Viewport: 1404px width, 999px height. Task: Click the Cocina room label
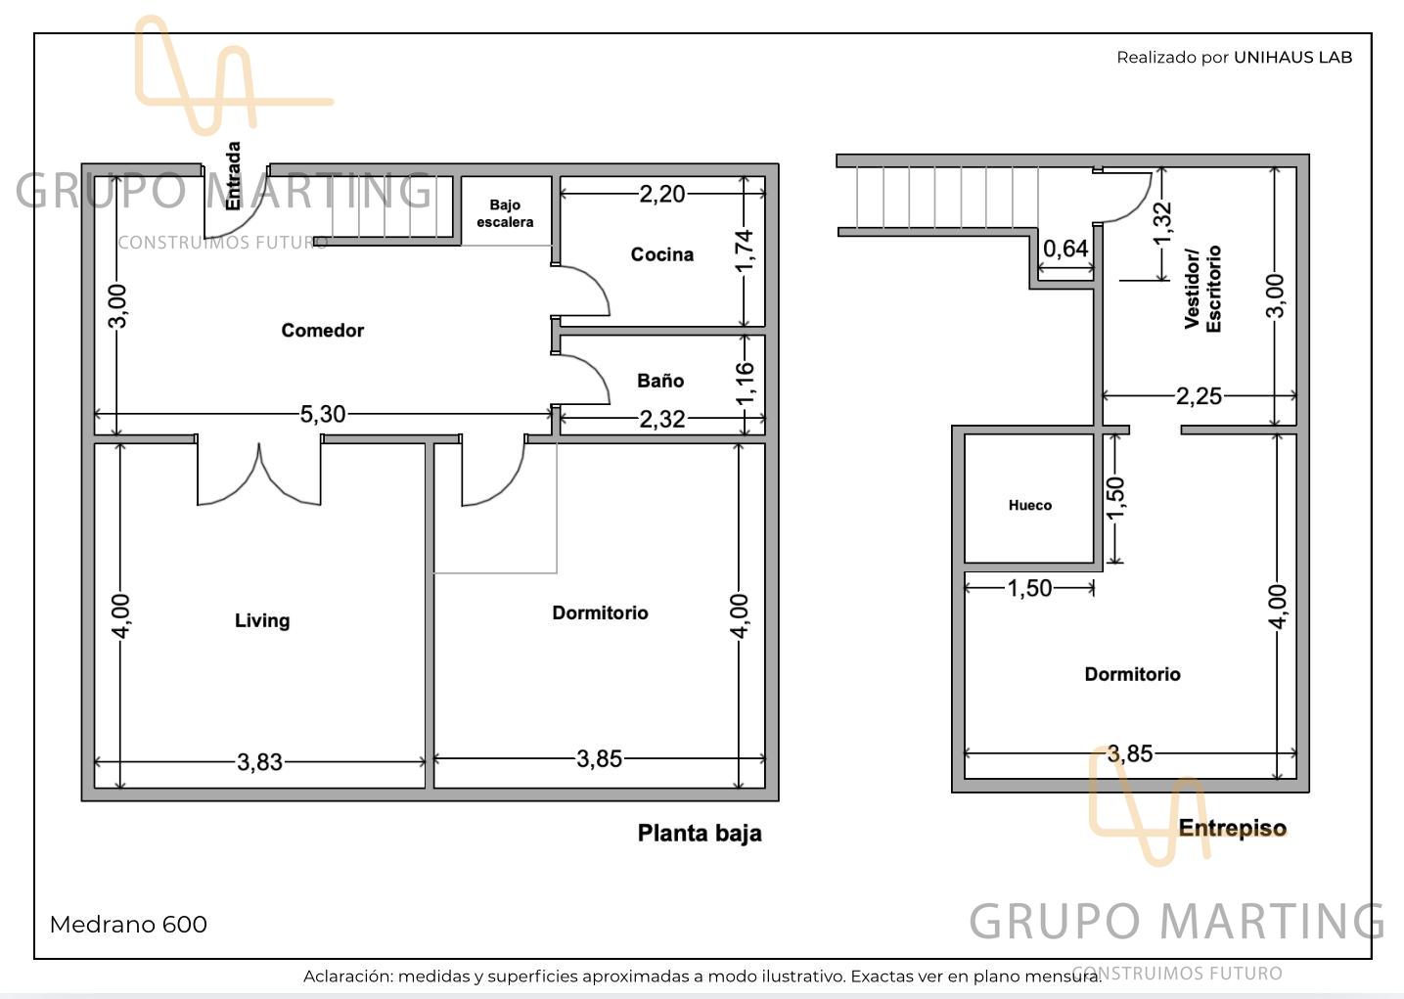pos(661,254)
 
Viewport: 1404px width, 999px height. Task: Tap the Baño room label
pos(660,381)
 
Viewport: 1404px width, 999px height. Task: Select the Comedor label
pos(322,331)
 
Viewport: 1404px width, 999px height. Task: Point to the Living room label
pos(262,620)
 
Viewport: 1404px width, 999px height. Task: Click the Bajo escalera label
pos(505,213)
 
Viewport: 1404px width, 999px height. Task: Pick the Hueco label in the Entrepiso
pos(1030,505)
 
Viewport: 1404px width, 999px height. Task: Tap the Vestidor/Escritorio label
pos(1202,289)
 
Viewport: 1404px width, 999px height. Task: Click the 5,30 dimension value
pos(323,414)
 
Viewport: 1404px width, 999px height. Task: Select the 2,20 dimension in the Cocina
pos(661,195)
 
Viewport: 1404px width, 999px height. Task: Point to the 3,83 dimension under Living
pos(259,763)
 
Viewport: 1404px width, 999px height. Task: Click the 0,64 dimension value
pos(1065,249)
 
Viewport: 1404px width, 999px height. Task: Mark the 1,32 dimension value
pos(1162,224)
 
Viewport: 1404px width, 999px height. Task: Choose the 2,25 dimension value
pos(1199,396)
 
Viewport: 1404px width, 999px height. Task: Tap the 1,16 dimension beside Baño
pos(744,384)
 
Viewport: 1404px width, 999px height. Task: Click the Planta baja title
pos(700,833)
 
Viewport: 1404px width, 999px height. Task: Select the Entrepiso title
pos(1232,828)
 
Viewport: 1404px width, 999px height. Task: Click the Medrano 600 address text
pos(128,925)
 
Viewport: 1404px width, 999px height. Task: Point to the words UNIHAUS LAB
pos(1293,57)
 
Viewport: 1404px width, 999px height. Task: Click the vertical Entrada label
pos(233,176)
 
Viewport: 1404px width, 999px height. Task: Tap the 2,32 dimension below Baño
pos(661,420)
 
